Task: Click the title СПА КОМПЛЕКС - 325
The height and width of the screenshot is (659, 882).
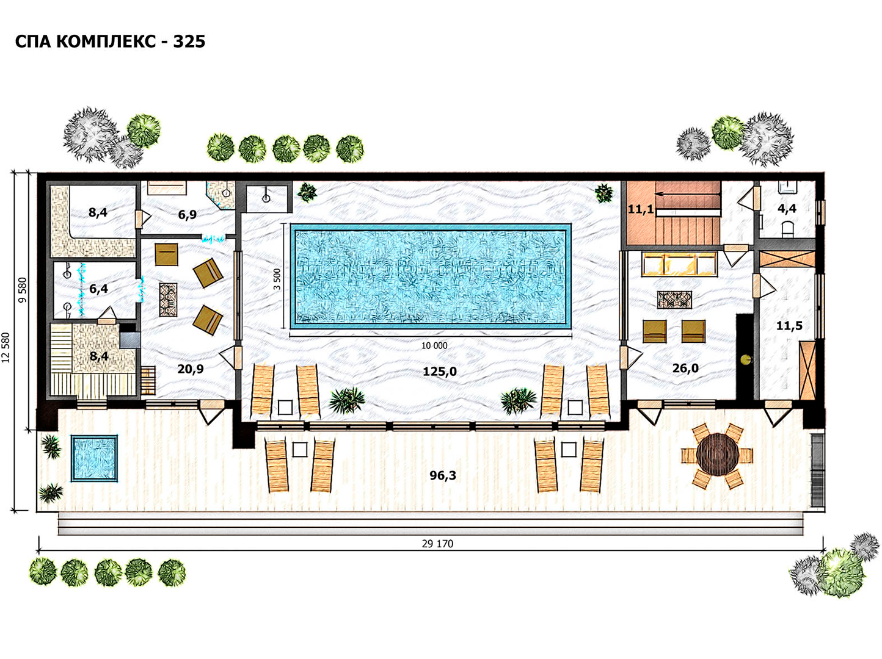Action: pyautogui.click(x=110, y=41)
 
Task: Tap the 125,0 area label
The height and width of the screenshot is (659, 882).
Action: pyautogui.click(x=440, y=372)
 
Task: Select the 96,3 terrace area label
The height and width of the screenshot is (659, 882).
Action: pyautogui.click(x=443, y=475)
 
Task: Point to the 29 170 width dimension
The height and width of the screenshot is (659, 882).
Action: pyautogui.click(x=437, y=544)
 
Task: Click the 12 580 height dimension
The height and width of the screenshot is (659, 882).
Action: pyautogui.click(x=5, y=348)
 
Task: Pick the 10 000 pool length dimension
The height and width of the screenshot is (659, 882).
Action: pyautogui.click(x=434, y=345)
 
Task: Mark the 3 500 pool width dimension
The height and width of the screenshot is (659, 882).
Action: pyautogui.click(x=277, y=279)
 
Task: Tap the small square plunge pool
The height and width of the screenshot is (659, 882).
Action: pyautogui.click(x=95, y=458)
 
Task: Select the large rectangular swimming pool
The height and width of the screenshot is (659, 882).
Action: pyautogui.click(x=431, y=276)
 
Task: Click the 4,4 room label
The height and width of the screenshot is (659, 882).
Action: pyautogui.click(x=787, y=208)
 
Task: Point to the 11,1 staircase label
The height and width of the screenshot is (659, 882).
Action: pyautogui.click(x=641, y=209)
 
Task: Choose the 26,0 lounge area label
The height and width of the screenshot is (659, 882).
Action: pyautogui.click(x=685, y=368)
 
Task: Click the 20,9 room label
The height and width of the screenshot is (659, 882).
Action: pyautogui.click(x=191, y=369)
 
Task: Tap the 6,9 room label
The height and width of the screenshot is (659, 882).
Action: pyautogui.click(x=188, y=214)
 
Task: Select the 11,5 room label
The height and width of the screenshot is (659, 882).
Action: pyautogui.click(x=789, y=325)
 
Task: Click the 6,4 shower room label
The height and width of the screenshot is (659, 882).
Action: pyautogui.click(x=98, y=289)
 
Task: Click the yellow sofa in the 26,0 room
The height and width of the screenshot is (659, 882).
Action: pyautogui.click(x=679, y=264)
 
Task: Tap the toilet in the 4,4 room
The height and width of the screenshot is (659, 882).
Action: pyautogui.click(x=788, y=229)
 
